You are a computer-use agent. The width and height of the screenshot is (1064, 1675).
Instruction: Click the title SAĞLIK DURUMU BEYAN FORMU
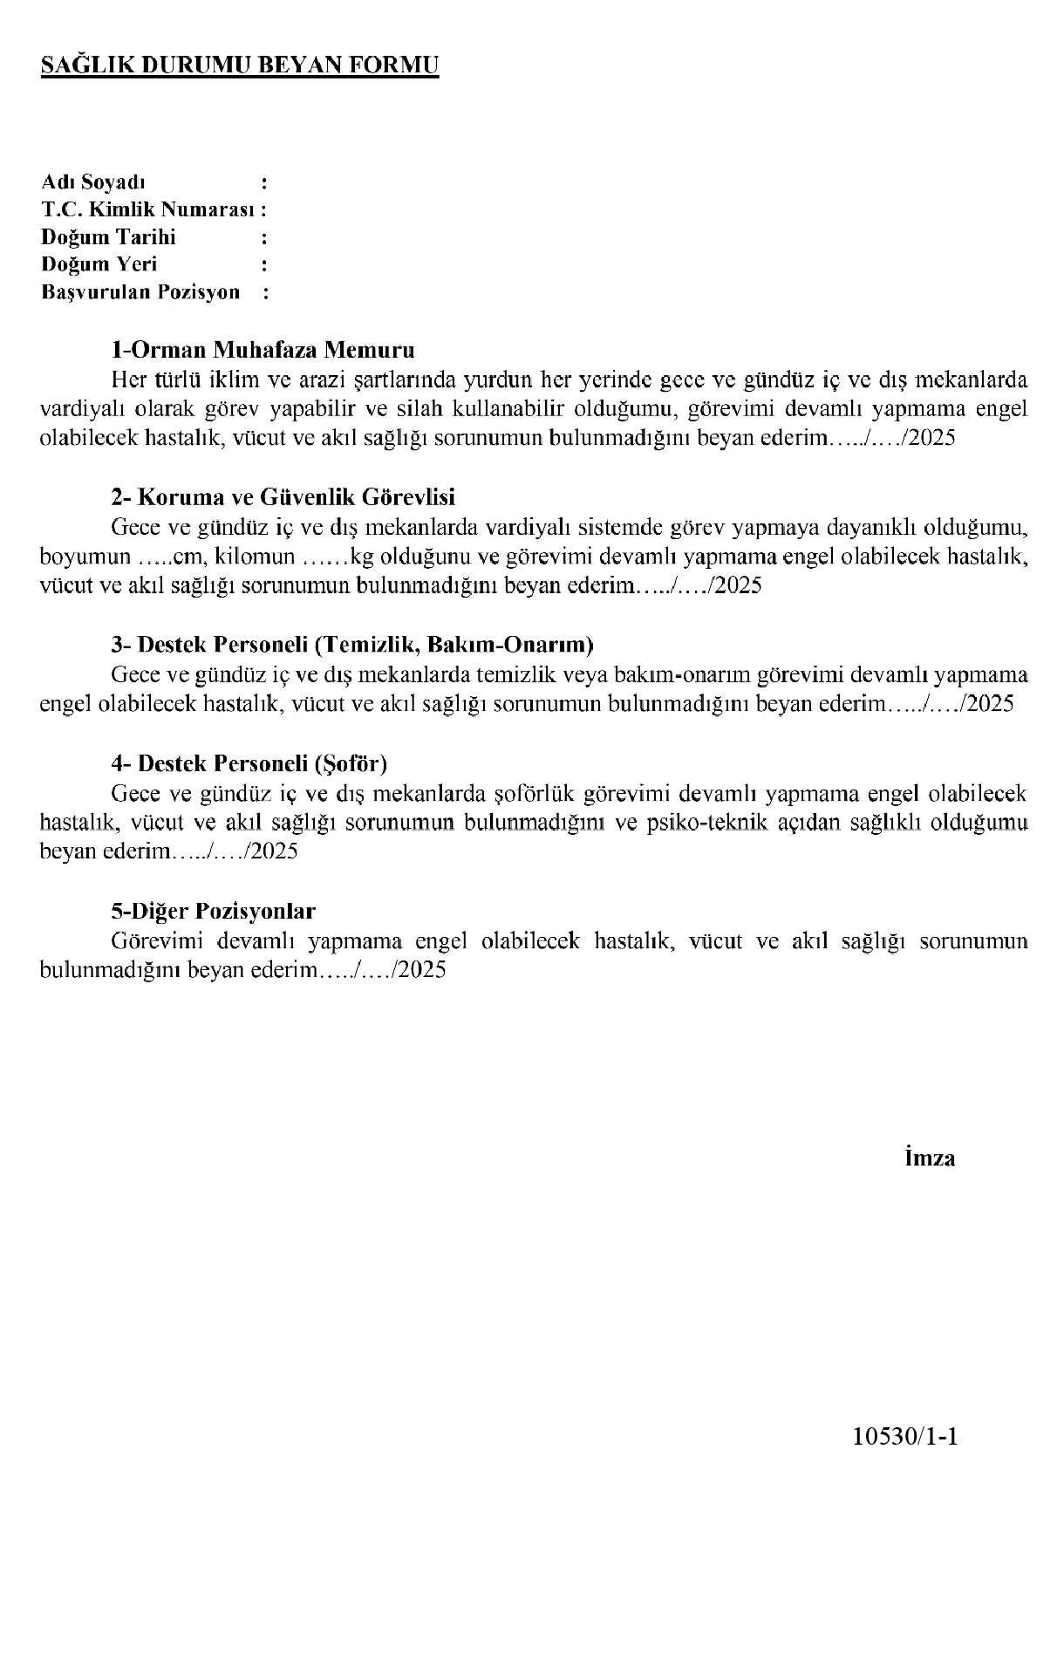point(240,66)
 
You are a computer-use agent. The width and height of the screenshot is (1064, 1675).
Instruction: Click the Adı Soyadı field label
point(93,182)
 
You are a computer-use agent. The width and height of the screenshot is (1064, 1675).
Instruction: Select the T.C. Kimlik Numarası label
point(149,209)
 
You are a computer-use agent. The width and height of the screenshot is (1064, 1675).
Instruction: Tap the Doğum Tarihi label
point(108,237)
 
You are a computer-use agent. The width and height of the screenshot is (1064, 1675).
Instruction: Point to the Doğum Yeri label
point(99,264)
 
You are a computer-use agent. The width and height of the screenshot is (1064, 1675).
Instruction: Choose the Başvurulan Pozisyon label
point(140,292)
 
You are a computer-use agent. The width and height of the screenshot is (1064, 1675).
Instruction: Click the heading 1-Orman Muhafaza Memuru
point(263,351)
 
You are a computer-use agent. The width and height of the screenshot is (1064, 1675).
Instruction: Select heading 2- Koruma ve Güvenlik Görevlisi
point(283,497)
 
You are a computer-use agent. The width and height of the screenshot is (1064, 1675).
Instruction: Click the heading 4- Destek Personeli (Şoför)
point(249,763)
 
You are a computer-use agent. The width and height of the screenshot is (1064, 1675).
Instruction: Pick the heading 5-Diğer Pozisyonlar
point(213,912)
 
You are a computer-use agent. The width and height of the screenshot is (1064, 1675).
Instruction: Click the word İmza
point(930,1159)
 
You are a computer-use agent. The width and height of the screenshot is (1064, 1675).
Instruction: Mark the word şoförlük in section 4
point(533,794)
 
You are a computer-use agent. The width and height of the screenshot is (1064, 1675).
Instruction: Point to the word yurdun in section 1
point(498,380)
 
